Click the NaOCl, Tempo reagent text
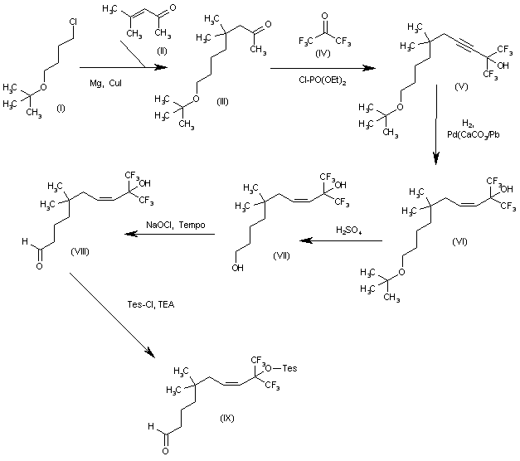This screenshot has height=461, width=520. click(x=171, y=226)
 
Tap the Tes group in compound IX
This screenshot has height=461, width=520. click(x=294, y=366)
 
